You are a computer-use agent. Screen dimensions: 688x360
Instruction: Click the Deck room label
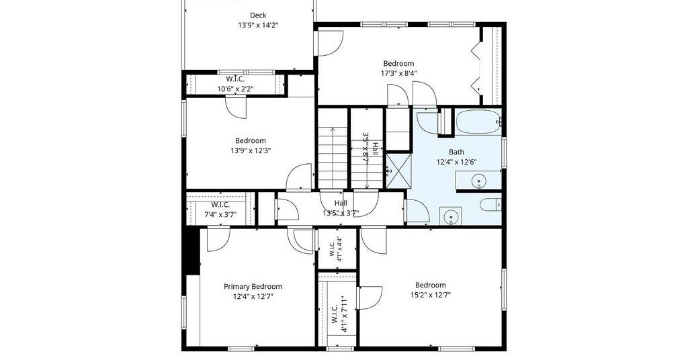[258, 15]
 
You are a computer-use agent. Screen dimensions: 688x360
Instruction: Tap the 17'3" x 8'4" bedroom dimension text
[398, 73]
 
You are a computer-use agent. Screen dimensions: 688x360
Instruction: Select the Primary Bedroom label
[253, 286]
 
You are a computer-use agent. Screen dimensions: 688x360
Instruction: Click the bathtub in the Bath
[478, 122]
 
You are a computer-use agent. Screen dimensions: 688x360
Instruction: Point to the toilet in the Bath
[490, 205]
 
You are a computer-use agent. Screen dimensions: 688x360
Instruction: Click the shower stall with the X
[398, 170]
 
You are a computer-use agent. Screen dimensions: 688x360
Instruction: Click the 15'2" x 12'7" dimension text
[431, 295]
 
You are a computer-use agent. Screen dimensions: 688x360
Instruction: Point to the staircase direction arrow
[332, 158]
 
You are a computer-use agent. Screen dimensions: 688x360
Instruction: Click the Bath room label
[456, 152]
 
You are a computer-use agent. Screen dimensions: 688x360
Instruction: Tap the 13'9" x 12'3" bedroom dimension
[251, 150]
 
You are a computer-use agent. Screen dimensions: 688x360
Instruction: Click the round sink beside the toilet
[450, 216]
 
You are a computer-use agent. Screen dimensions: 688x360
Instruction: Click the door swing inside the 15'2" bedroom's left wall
[370, 298]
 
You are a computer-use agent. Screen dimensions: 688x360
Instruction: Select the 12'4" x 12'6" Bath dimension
[456, 162]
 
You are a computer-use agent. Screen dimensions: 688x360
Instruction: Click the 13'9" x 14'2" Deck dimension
[258, 26]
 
